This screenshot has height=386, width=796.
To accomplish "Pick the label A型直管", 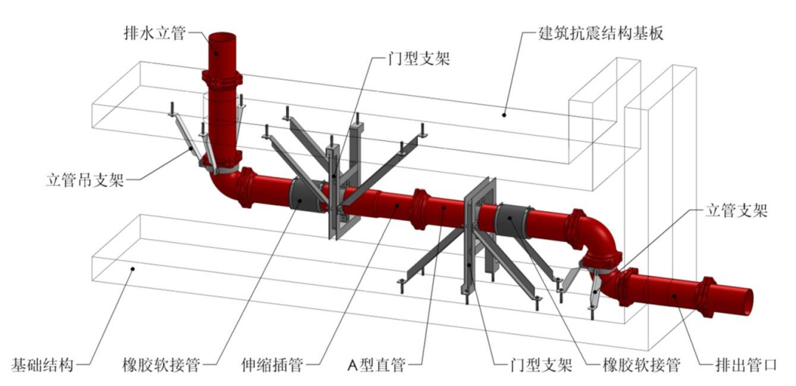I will point(377,365).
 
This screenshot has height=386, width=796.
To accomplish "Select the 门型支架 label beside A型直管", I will point(540,365).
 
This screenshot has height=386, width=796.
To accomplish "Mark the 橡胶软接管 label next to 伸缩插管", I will point(163,365).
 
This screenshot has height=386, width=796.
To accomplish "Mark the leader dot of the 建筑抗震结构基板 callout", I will point(504,114).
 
